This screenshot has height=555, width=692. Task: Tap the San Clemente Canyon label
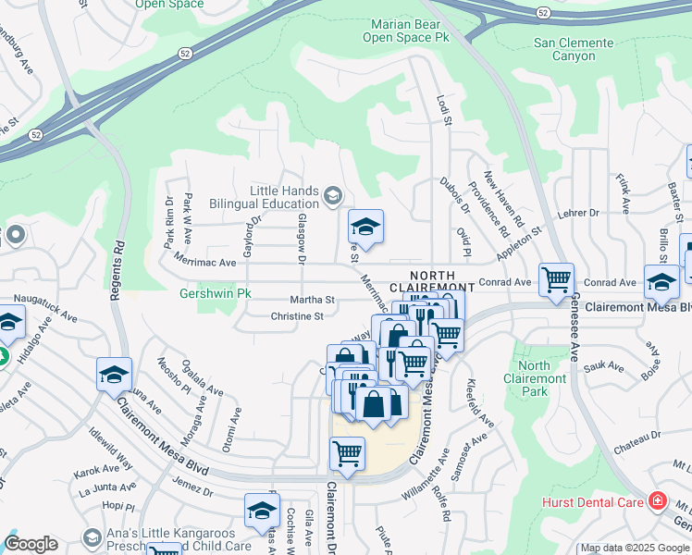click(x=574, y=49)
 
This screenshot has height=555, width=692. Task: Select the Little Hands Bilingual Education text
click(x=277, y=197)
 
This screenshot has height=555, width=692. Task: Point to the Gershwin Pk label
click(x=208, y=295)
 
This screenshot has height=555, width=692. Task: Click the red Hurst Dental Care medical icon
click(x=658, y=500)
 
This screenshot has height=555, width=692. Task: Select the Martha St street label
click(x=312, y=300)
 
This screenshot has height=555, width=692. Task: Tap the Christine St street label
click(x=296, y=316)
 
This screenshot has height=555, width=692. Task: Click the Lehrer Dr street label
click(x=580, y=214)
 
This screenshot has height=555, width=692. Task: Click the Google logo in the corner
click(x=31, y=544)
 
